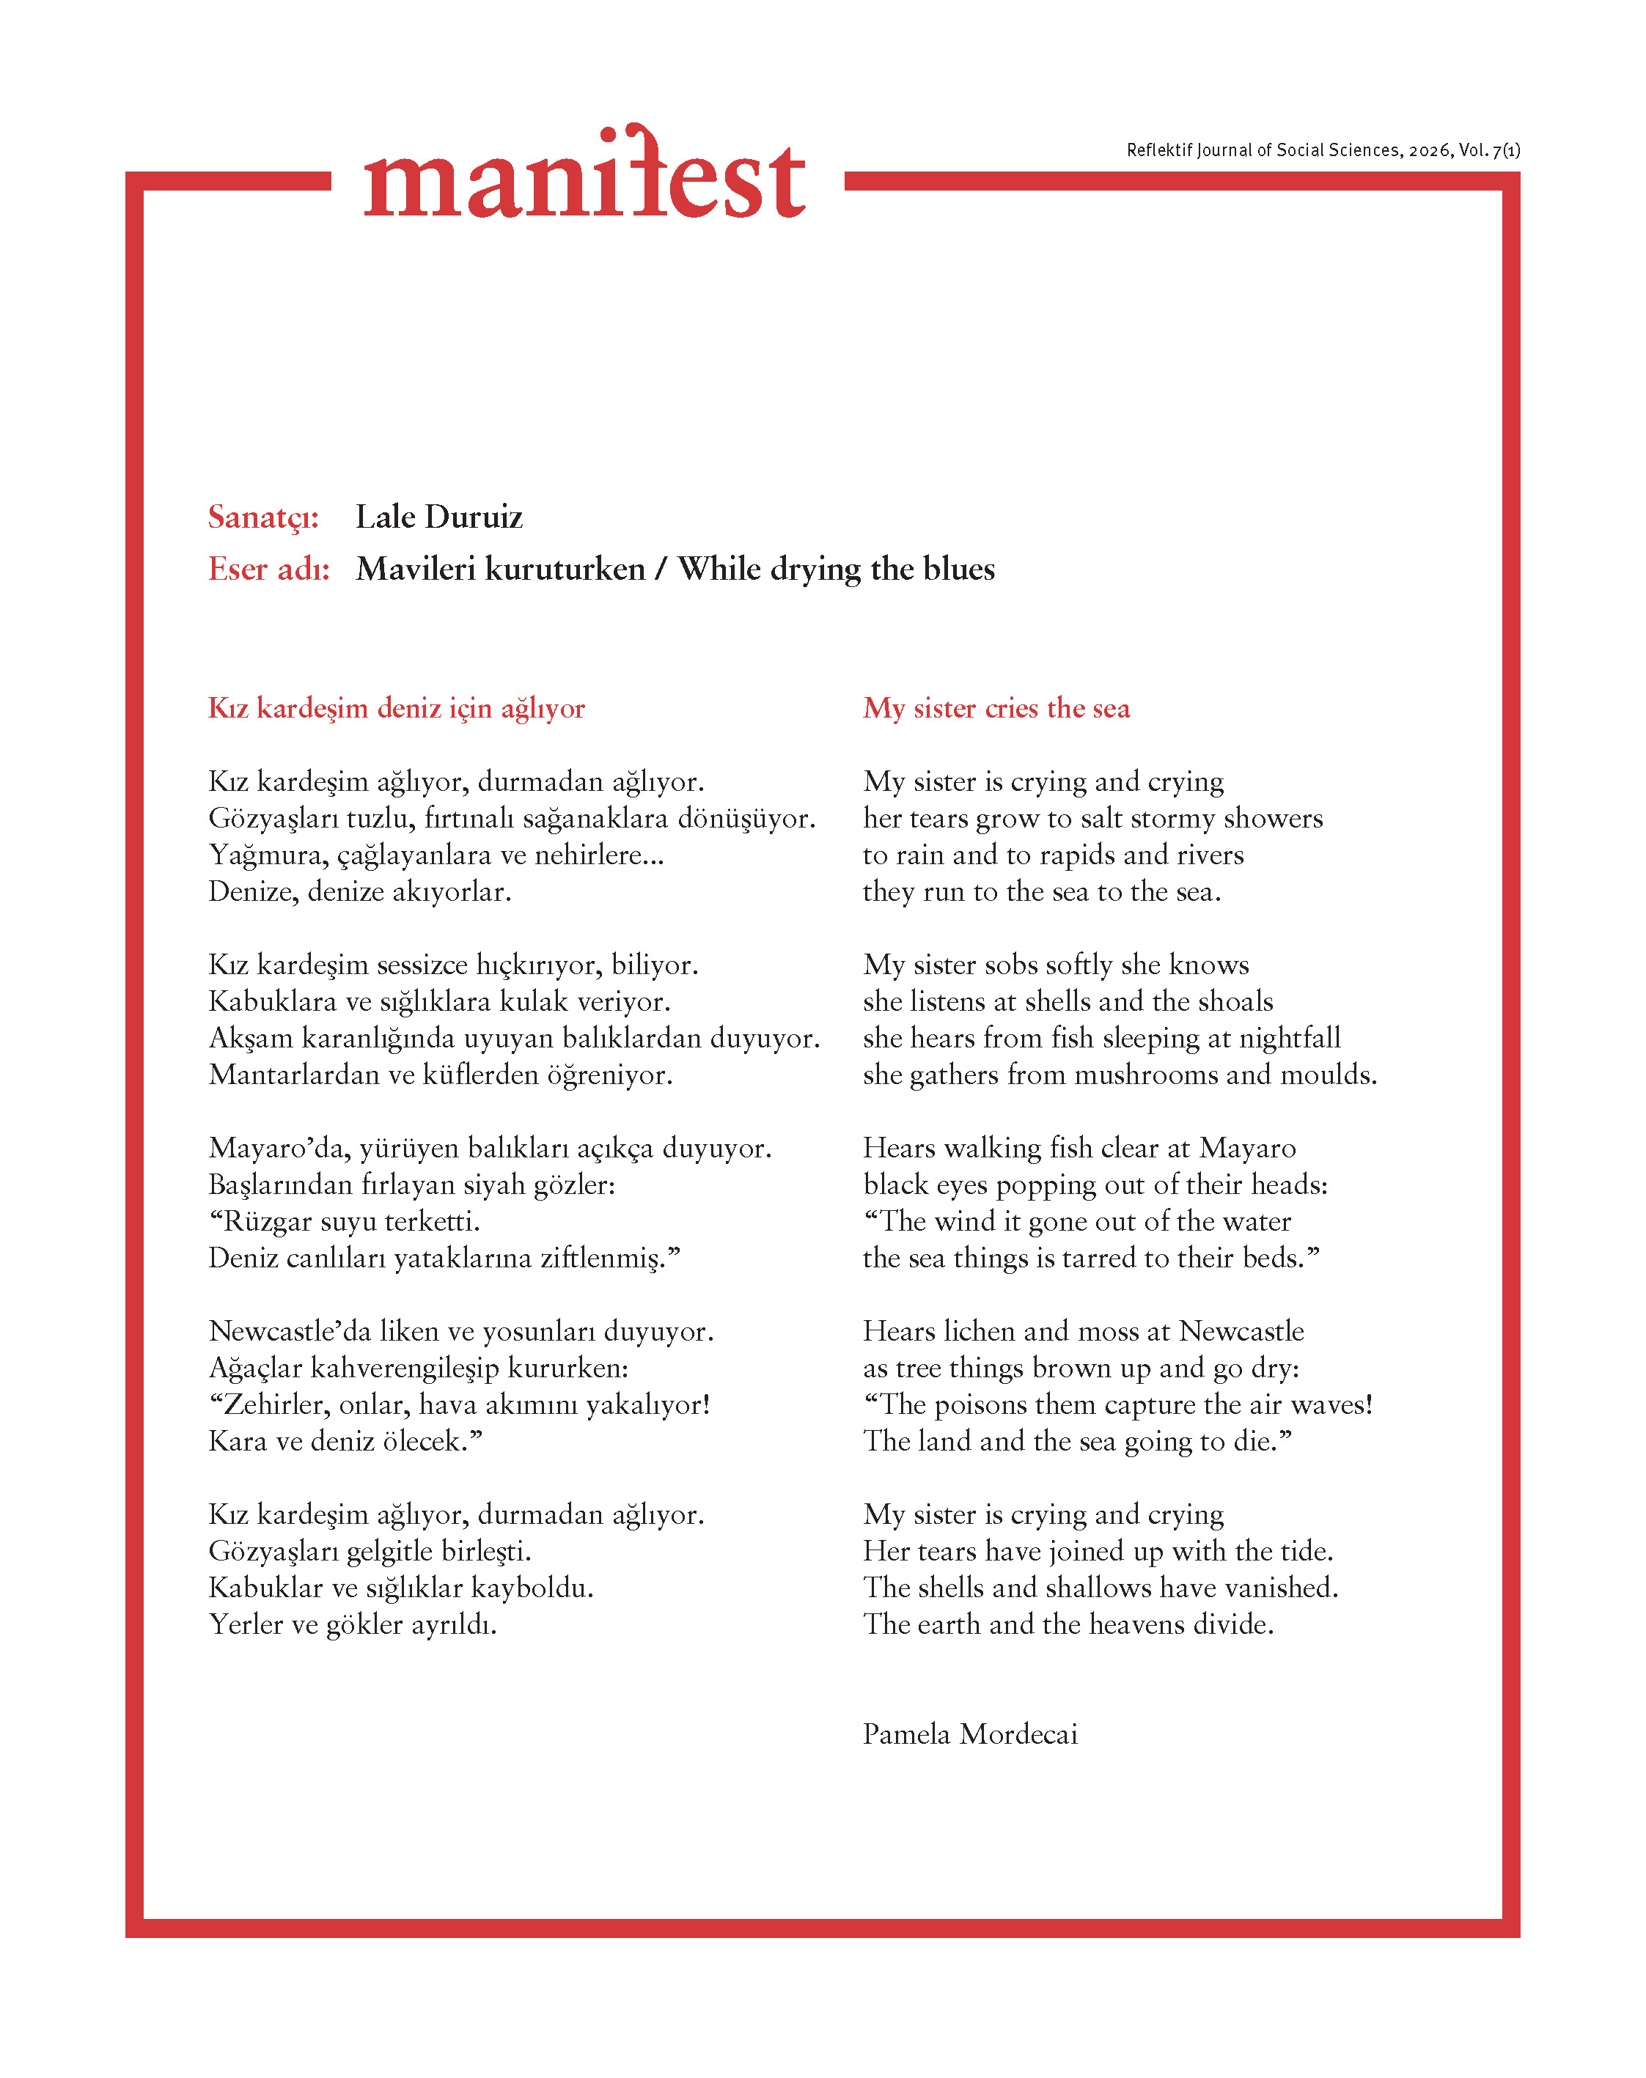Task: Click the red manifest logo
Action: click(x=584, y=174)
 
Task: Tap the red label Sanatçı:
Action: click(x=263, y=517)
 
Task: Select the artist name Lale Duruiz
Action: click(x=438, y=517)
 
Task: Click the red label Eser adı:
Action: click(x=269, y=570)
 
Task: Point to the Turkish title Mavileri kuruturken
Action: click(x=500, y=570)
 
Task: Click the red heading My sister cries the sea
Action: click(x=996, y=708)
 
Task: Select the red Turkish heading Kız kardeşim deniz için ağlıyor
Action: click(x=396, y=708)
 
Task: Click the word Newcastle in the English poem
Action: click(x=1241, y=1331)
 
